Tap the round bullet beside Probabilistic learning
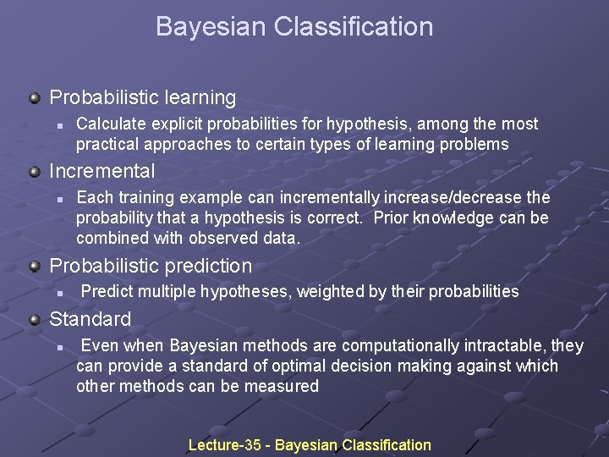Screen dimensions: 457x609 click(35, 98)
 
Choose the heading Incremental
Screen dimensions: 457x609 click(102, 171)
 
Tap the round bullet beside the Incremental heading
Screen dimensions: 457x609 click(35, 172)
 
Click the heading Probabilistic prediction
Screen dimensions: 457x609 click(151, 266)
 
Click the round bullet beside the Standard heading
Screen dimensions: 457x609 click(35, 320)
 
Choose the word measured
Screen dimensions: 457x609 click(281, 387)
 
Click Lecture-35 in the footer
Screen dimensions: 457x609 click(224, 445)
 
